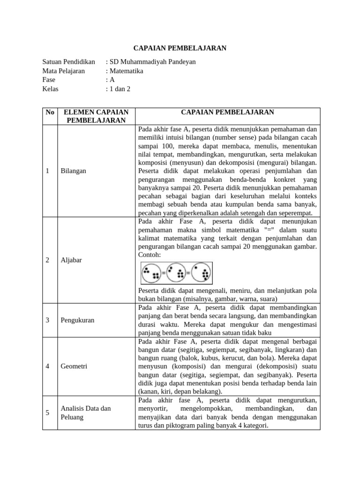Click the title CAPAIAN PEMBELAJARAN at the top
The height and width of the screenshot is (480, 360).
pyautogui.click(x=180, y=48)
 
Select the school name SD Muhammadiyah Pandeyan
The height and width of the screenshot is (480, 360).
pyautogui.click(x=151, y=62)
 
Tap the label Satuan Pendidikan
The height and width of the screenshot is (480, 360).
pyautogui.click(x=68, y=62)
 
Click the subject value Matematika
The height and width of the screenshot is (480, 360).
pyautogui.click(x=126, y=71)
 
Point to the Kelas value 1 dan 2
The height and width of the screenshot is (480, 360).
pyautogui.click(x=120, y=89)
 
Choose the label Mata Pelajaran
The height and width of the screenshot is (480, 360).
pyautogui.click(x=63, y=71)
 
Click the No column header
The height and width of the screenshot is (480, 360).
pyautogui.click(x=50, y=112)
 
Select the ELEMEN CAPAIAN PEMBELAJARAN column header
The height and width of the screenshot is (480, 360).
pyautogui.click(x=96, y=116)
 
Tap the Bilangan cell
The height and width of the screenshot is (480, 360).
pyautogui.click(x=73, y=171)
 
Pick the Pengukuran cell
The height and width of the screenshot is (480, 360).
pyautogui.click(x=77, y=320)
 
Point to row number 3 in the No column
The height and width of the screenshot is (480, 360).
pyautogui.click(x=48, y=320)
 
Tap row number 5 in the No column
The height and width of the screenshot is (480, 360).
pyautogui.click(x=48, y=413)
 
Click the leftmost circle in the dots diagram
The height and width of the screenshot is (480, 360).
pyautogui.click(x=152, y=273)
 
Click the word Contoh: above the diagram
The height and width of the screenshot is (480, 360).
pyautogui.click(x=150, y=255)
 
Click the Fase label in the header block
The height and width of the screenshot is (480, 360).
pyautogui.click(x=49, y=80)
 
